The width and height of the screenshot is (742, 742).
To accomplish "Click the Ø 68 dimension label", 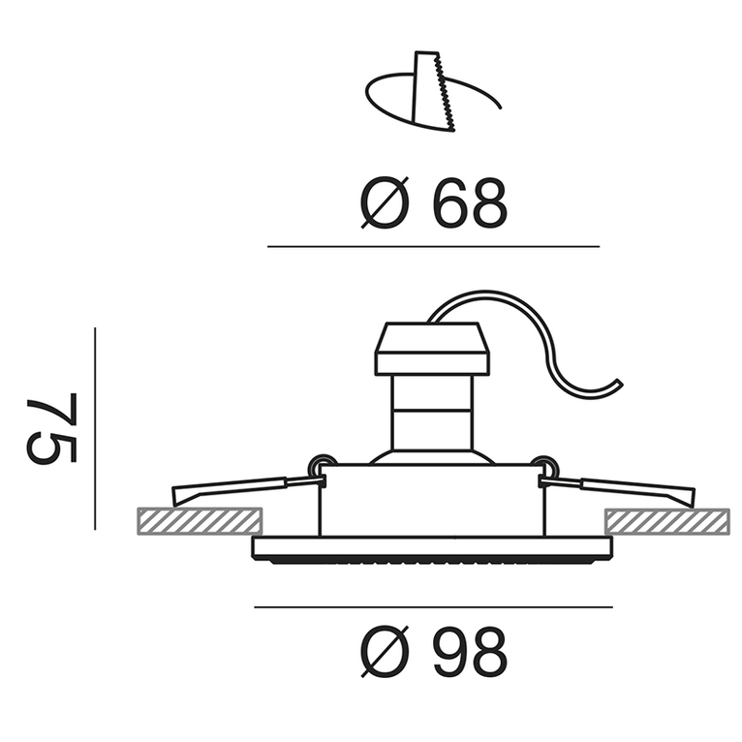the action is [x=433, y=203].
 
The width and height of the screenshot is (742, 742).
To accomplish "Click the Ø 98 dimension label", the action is [x=433, y=652].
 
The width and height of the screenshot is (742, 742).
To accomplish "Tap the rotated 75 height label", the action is [x=51, y=428].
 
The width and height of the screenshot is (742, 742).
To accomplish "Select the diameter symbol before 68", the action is [x=385, y=203].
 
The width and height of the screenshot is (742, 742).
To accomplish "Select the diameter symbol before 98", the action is [x=385, y=652].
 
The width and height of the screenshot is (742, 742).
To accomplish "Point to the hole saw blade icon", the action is [x=434, y=91].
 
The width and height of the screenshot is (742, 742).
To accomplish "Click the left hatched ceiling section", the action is [x=200, y=521].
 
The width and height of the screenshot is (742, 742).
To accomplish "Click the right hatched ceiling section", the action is [x=667, y=522].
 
